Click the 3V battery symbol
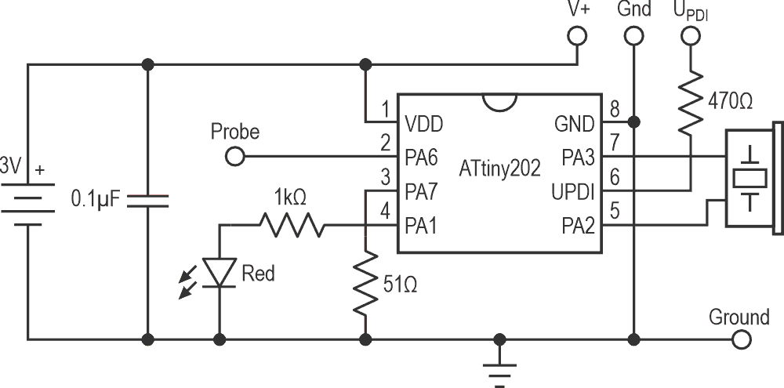pos(28,201)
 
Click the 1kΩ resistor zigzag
pos(291,226)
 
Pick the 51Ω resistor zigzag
pos(365,283)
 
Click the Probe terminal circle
pos(234,158)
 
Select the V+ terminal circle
pos(577,35)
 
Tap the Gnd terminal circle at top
pos(633,35)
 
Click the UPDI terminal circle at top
pos(690,35)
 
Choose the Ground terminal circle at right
pos(740,340)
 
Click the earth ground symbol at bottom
pos(498,368)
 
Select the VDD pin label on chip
pos(423,123)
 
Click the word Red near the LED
pos(259,274)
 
